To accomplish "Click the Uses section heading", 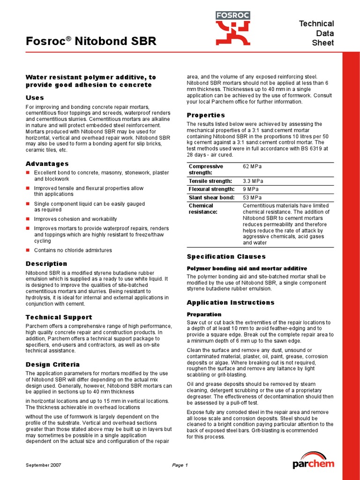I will pyautogui.click(x=35, y=97).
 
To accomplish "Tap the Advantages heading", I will pyautogui.click(x=47, y=164).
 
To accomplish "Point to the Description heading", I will pyautogui.click(x=46, y=263).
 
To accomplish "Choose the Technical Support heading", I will pyautogui.click(x=59, y=317).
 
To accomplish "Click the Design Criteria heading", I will pyautogui.click(x=52, y=364).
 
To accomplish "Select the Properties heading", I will pyautogui.click(x=206, y=115).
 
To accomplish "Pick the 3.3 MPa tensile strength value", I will pyautogui.click(x=253, y=181).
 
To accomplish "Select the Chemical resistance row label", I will pyautogui.click(x=203, y=209).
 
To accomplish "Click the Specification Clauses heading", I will pyautogui.click(x=226, y=256).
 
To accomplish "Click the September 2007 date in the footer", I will pyautogui.click(x=43, y=465).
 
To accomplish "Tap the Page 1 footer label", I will pyautogui.click(x=180, y=465).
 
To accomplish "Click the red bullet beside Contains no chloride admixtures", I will pyautogui.click(x=28, y=250).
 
